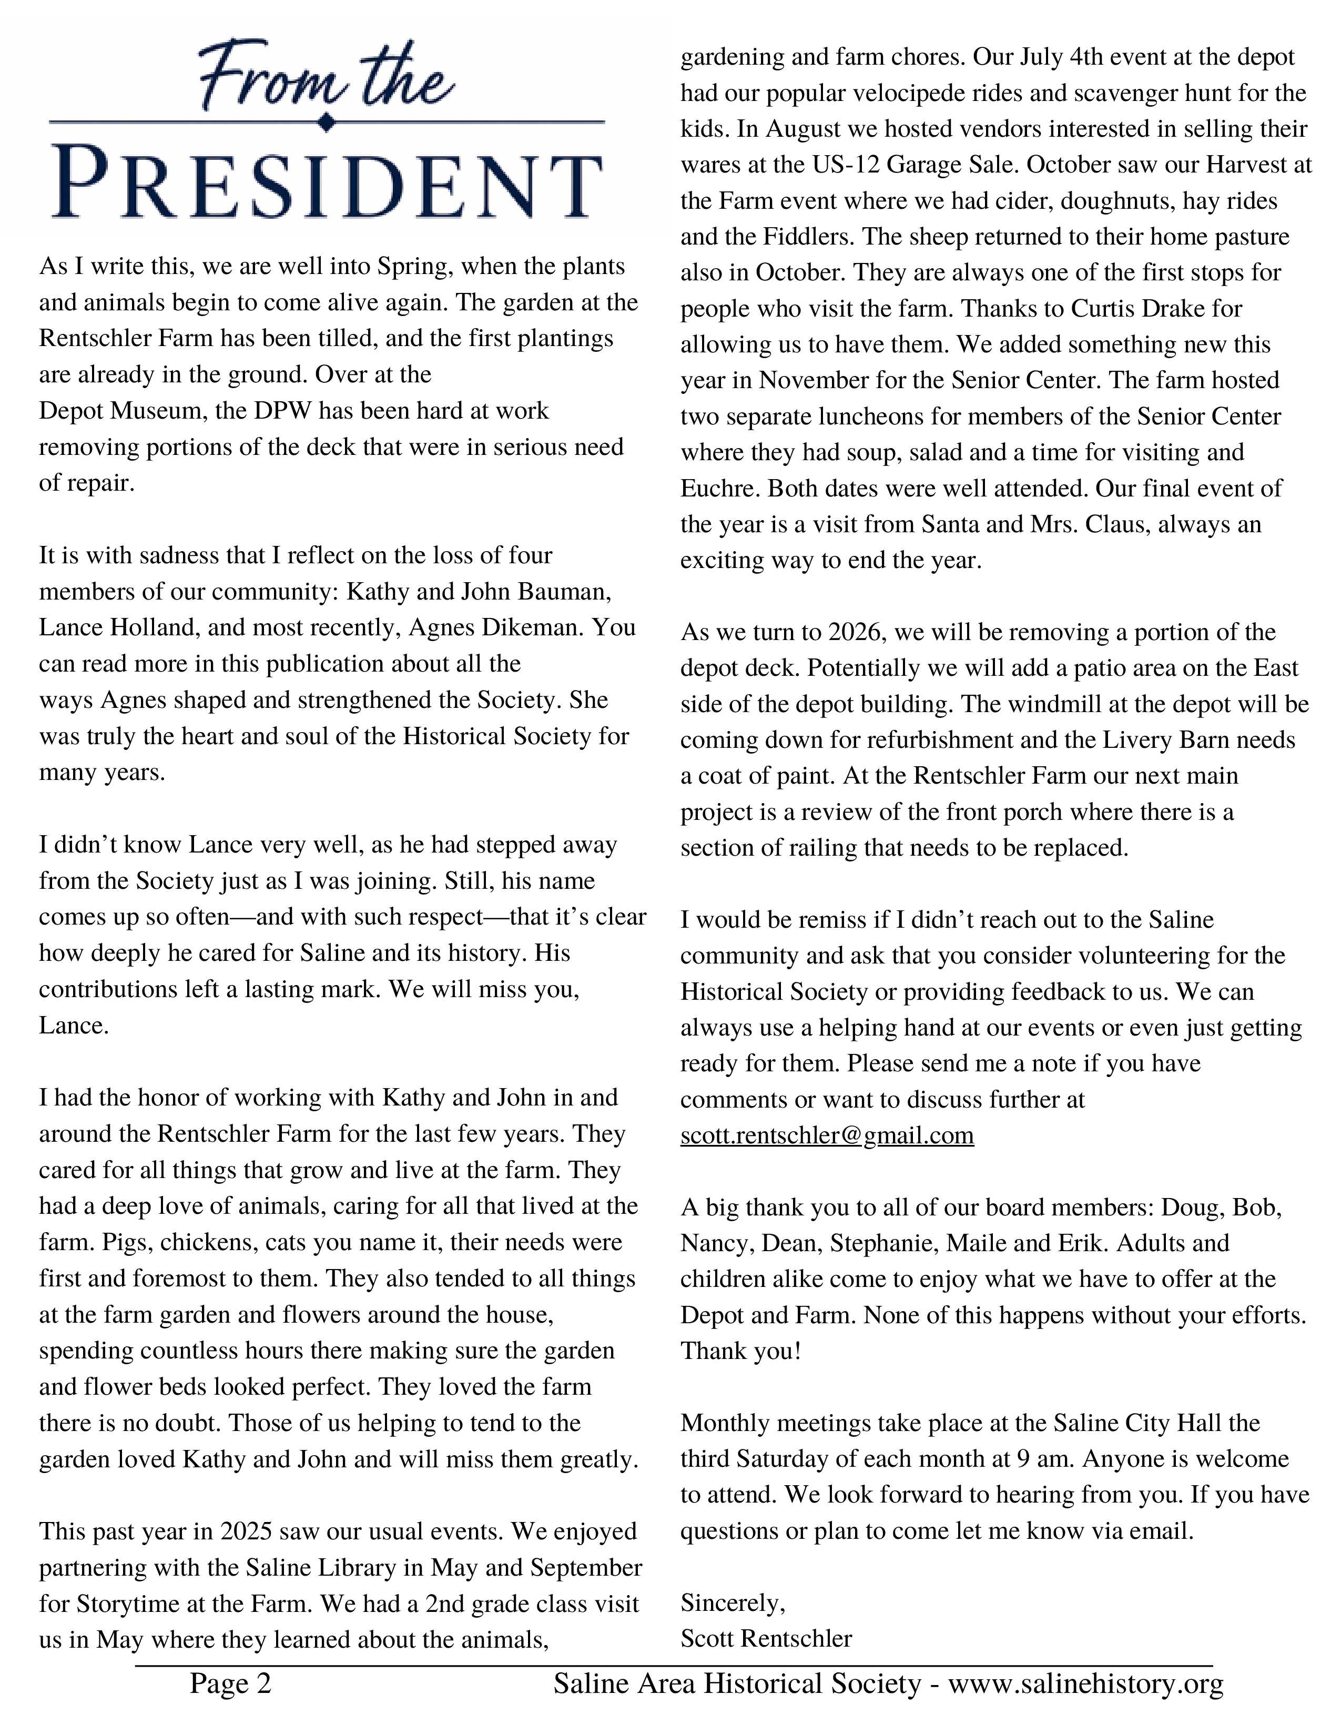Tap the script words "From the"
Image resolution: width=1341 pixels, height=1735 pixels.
click(x=326, y=79)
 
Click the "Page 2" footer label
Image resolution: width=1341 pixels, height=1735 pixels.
click(x=230, y=1682)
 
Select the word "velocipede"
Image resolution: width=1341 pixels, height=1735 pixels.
click(x=919, y=93)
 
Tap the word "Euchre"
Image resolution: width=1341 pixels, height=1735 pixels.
click(x=719, y=488)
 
